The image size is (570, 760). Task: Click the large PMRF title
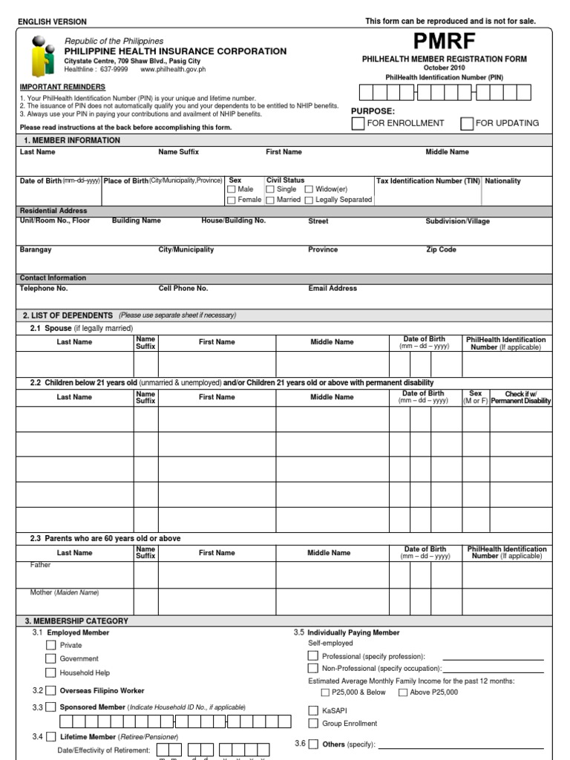point(445,42)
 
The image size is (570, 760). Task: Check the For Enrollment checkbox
point(358,123)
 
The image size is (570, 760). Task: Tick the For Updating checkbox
point(467,123)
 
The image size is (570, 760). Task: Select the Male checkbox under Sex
point(232,190)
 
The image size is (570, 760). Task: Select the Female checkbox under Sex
point(232,200)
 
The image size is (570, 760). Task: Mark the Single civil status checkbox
point(271,190)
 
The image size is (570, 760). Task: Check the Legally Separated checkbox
point(309,200)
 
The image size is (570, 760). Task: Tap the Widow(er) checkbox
point(309,190)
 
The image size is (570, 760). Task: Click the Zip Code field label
point(441,250)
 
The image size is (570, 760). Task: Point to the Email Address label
point(332,289)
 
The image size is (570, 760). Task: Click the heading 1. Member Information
point(71,140)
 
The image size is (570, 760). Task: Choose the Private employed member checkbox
point(50,645)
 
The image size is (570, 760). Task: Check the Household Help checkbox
point(50,672)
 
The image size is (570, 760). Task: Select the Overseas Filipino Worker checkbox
point(50,690)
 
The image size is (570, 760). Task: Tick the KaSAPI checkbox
point(313,710)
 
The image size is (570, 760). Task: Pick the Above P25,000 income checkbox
point(403,692)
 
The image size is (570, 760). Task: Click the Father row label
point(41,565)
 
